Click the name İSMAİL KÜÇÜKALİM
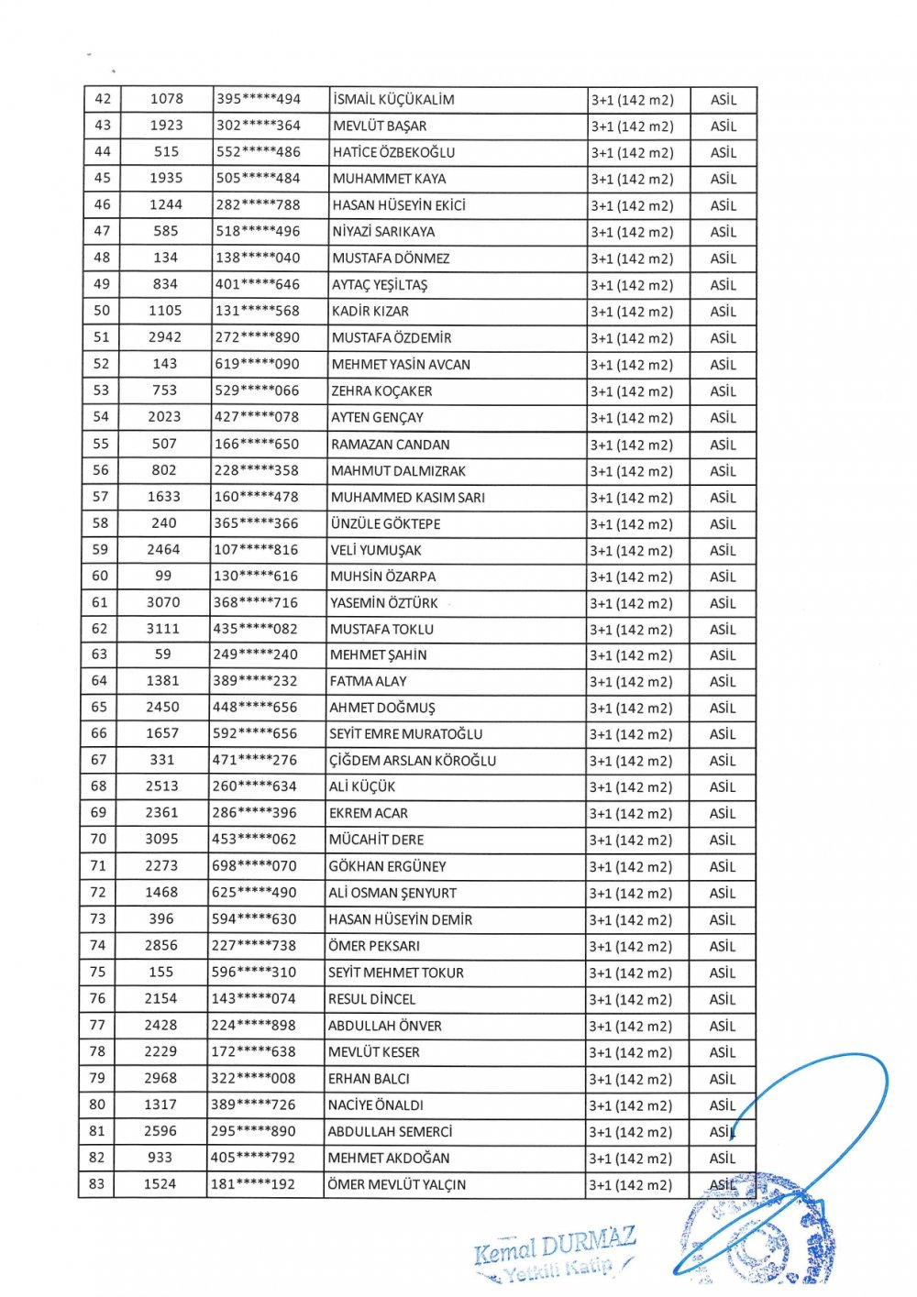point(393,100)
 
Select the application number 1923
point(167,126)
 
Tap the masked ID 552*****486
point(259,152)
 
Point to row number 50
point(101,311)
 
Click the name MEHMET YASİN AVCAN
point(401,365)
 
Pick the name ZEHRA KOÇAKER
point(382,391)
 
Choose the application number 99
point(163,576)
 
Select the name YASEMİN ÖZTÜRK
point(384,603)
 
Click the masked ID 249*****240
point(256,654)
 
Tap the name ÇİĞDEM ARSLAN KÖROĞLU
point(413,761)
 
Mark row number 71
point(98,865)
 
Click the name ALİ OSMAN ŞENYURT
point(392,893)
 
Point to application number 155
point(160,973)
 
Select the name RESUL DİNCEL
point(372,999)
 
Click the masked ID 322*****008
point(254,1079)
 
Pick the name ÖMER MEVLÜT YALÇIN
point(396,1185)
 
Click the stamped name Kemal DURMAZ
point(556,1245)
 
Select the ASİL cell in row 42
point(724,100)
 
